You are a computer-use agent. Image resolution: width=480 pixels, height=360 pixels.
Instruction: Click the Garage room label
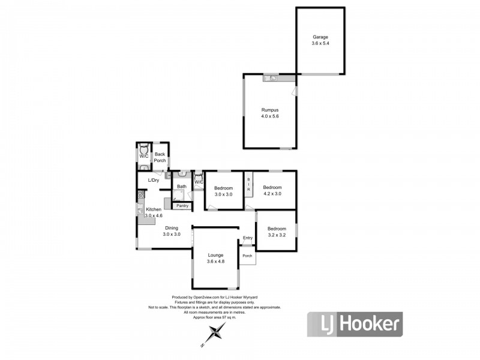[320, 37]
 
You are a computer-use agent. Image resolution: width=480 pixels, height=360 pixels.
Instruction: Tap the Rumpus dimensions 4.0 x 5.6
[269, 116]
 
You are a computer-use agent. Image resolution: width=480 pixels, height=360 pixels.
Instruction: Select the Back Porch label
[160, 157]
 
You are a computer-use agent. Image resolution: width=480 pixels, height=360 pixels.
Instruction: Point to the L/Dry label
[154, 181]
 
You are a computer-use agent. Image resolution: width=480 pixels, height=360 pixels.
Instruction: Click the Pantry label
[182, 206]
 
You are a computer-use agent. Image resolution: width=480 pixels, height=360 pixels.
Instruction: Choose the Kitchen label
[154, 209]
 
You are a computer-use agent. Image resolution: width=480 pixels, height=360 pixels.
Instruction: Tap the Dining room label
[172, 228]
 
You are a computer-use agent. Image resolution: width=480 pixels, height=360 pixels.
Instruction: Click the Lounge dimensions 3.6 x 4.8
[215, 262]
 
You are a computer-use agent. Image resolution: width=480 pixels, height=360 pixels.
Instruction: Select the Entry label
[248, 238]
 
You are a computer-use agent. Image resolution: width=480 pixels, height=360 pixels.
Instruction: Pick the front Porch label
[247, 256]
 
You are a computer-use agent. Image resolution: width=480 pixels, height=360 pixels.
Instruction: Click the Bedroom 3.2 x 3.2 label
[277, 232]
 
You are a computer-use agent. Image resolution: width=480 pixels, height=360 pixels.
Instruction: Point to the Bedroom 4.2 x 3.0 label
[272, 190]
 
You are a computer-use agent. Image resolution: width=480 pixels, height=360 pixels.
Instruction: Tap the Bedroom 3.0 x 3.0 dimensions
[223, 194]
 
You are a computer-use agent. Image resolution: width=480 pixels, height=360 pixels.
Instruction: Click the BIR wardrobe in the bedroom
[248, 185]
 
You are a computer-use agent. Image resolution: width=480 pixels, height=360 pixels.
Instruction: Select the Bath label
[182, 187]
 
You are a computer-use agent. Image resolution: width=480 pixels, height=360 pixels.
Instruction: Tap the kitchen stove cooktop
[141, 194]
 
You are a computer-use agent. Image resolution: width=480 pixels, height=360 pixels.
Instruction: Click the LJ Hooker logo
[355, 324]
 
